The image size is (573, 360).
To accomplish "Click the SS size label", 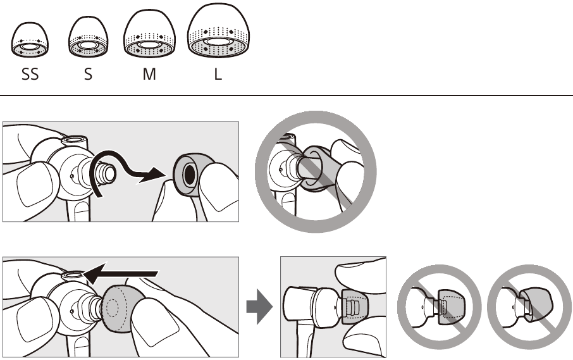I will pyautogui.click(x=29, y=74).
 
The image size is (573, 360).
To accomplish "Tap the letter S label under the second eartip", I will pyautogui.click(x=88, y=74).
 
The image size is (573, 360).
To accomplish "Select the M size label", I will pyautogui.click(x=149, y=74).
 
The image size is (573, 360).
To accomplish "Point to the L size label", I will pyautogui.click(x=218, y=74).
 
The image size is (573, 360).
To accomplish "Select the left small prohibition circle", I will pyautogui.click(x=439, y=306).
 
